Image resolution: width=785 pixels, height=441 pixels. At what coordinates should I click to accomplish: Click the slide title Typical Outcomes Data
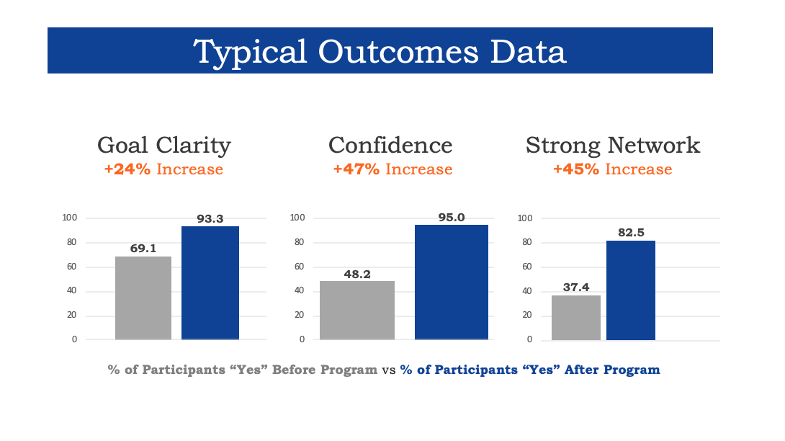pyautogui.click(x=380, y=52)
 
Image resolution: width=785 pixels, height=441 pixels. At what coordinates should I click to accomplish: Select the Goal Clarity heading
pyautogui.click(x=164, y=145)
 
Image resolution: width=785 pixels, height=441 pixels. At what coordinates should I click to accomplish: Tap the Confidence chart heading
pyautogui.click(x=390, y=145)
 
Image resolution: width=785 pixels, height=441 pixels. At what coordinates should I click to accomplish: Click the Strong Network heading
pyautogui.click(x=613, y=145)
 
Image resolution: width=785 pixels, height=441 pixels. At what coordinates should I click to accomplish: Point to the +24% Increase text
pyautogui.click(x=164, y=170)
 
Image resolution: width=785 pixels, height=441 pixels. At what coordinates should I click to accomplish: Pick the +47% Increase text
pyautogui.click(x=392, y=170)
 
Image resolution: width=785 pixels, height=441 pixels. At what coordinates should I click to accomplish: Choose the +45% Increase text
pyautogui.click(x=612, y=170)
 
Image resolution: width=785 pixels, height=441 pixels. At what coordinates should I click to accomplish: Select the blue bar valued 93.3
pyautogui.click(x=210, y=282)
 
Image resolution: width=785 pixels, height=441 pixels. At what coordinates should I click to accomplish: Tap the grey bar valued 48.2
pyautogui.click(x=356, y=310)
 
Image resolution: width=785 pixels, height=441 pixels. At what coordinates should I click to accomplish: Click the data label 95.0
pyautogui.click(x=451, y=217)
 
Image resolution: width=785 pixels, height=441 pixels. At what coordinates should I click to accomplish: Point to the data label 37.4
pyautogui.click(x=575, y=287)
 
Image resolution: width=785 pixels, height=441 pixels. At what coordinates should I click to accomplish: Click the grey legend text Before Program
pyautogui.click(x=243, y=370)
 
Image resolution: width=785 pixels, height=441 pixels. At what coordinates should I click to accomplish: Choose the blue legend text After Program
pyautogui.click(x=530, y=370)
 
